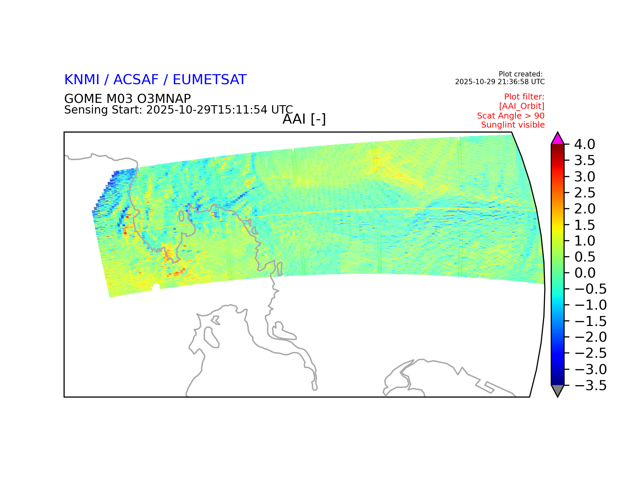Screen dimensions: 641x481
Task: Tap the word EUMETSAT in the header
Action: point(209,79)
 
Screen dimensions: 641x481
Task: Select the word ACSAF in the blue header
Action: point(136,79)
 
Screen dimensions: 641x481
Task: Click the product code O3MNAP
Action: point(164,99)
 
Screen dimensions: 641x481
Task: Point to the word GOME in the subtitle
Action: point(83,99)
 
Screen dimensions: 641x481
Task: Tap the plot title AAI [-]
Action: point(304,119)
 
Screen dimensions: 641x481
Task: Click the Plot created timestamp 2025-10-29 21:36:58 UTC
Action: point(500,82)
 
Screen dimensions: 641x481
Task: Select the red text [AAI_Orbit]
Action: point(522,106)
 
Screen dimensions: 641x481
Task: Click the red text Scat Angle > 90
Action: point(511,116)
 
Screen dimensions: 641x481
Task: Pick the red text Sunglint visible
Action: point(513,125)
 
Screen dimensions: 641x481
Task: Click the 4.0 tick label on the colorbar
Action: point(585,144)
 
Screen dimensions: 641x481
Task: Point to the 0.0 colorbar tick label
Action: point(585,273)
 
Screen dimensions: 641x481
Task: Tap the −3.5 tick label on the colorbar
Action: point(590,385)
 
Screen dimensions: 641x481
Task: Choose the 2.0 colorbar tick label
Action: point(585,209)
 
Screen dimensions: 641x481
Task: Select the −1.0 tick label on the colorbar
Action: point(590,305)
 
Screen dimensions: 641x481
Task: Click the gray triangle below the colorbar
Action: point(558,390)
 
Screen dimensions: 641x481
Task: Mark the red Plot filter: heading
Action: point(524,97)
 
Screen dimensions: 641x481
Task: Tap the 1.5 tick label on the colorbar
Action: point(585,225)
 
